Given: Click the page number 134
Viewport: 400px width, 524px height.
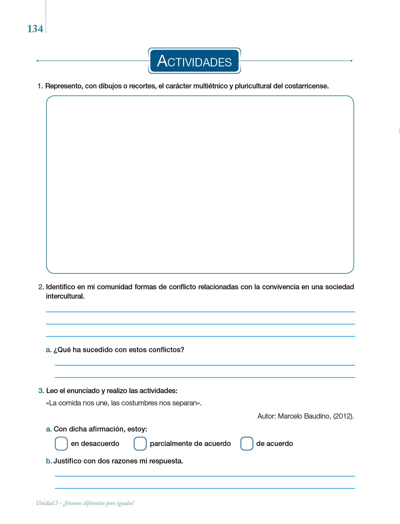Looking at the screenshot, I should (x=35, y=29).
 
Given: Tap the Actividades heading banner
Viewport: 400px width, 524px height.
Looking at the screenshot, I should (x=194, y=61).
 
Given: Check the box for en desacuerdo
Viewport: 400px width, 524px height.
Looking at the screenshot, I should (x=61, y=443).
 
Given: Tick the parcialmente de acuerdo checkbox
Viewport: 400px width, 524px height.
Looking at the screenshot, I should (x=140, y=443).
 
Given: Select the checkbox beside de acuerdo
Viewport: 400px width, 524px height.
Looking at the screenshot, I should (x=247, y=443).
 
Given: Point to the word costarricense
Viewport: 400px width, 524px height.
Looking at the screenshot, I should (x=306, y=86).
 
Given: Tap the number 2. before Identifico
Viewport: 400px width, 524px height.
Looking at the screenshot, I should (x=41, y=287).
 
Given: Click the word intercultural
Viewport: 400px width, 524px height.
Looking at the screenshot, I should (x=65, y=296).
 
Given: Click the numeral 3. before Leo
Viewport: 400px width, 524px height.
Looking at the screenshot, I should (x=41, y=391).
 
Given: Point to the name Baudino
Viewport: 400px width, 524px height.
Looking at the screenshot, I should (x=317, y=416).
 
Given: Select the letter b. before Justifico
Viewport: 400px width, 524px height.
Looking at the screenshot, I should (x=49, y=461).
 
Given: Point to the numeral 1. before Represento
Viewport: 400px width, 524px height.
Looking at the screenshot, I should (x=40, y=86).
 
